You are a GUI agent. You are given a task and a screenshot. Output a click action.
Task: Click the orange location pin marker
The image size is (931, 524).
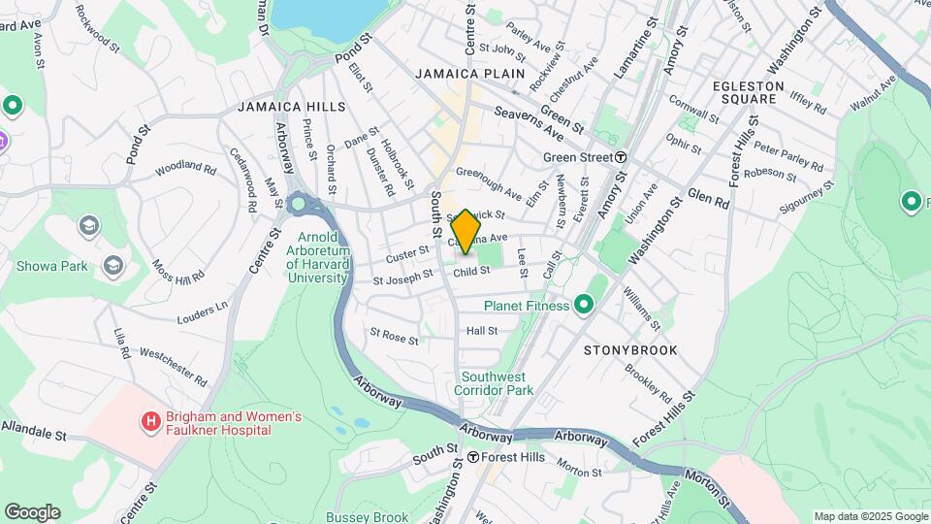(x=465, y=231)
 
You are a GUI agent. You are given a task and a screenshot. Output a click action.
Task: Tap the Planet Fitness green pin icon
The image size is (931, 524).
(x=583, y=306)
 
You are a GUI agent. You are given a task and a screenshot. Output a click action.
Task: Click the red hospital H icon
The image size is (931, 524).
(x=150, y=421)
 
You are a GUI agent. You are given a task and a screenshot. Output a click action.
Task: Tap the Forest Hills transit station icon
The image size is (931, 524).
(x=472, y=457)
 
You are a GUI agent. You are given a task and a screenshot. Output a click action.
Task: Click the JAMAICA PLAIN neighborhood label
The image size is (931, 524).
(x=470, y=74)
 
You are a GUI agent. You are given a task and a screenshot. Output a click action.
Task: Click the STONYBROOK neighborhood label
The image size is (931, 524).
(x=630, y=349)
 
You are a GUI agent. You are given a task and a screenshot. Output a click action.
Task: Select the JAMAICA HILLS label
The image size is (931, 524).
(x=291, y=106)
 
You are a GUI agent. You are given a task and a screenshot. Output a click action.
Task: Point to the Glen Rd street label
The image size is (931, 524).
(x=708, y=198)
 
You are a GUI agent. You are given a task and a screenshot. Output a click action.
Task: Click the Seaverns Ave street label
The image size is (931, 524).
(x=529, y=124)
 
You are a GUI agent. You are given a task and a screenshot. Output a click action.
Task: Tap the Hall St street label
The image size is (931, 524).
(x=481, y=331)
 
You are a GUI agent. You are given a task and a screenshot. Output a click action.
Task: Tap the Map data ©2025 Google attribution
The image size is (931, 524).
(x=870, y=516)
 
